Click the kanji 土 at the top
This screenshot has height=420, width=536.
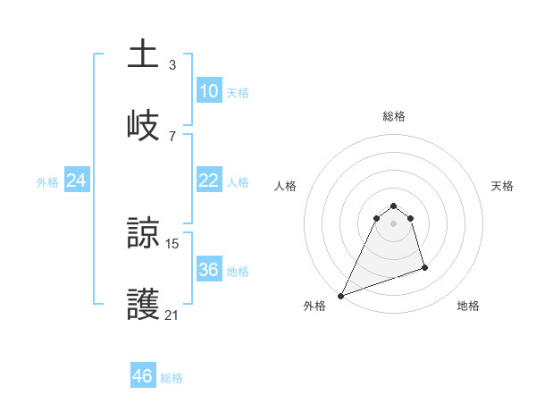144,54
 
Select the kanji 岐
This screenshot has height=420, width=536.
144,125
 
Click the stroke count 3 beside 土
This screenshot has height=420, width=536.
172,64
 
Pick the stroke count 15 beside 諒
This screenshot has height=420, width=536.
172,243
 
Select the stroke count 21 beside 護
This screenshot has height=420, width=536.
172,315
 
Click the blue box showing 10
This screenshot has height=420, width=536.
208,91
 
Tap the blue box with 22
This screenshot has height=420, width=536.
208,181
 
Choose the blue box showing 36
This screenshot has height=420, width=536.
208,270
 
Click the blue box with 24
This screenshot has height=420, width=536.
76,181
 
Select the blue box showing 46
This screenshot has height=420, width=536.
143,376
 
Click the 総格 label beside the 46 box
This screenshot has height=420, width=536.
172,378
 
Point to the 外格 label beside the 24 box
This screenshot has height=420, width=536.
47,182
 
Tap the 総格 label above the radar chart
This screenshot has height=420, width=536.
394,116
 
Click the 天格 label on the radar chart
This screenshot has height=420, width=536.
503,186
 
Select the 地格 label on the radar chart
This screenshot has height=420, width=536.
468,306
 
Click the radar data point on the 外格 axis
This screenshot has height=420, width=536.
340,296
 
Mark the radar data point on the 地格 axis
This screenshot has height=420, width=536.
424,267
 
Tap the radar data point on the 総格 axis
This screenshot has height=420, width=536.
394,205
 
